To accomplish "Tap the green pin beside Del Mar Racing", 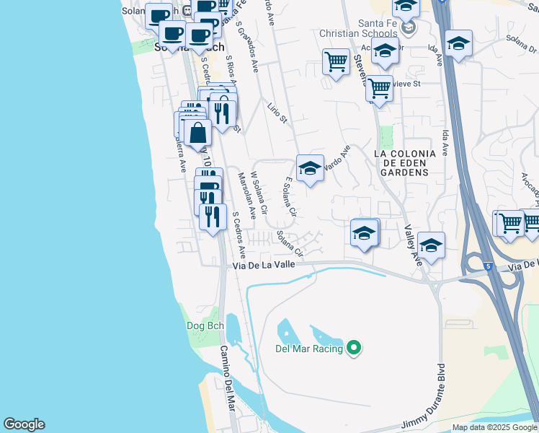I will (x=353, y=349).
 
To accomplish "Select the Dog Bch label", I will (x=205, y=325).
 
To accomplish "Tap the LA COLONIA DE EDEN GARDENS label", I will (x=405, y=163).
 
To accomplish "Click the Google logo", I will (x=24, y=424).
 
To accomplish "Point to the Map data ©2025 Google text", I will (x=495, y=427).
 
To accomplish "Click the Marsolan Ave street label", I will (x=246, y=195).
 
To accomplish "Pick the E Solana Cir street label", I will (x=290, y=197).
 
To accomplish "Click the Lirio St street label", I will (x=277, y=112).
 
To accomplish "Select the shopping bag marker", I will (x=197, y=134).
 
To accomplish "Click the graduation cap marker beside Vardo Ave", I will (x=310, y=170).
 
